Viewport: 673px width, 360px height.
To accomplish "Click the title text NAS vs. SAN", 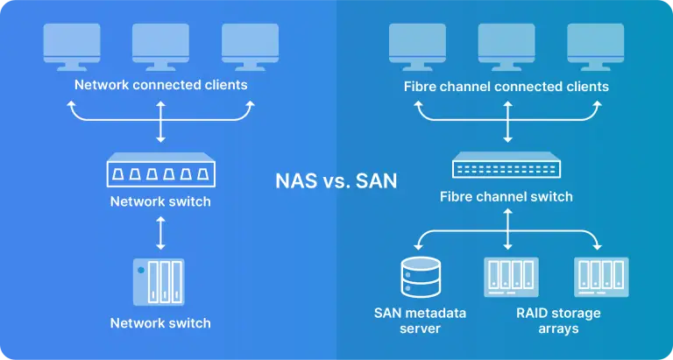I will [x=336, y=181].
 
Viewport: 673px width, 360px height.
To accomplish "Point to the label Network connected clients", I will [x=160, y=85].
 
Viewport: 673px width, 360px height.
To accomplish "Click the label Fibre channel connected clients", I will [x=507, y=87].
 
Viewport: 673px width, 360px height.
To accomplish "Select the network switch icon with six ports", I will [x=160, y=171].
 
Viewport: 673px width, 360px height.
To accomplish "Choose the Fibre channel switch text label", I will [x=507, y=196].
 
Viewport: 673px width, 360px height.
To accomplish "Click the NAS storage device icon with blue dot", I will [x=159, y=280].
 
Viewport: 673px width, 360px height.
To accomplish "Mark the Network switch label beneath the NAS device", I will [x=160, y=322].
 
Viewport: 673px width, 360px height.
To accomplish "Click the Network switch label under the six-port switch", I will [x=160, y=201].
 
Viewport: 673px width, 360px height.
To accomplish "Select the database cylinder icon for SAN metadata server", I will [x=418, y=277].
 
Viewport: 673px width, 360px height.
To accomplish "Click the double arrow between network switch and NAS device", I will [x=160, y=233].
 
